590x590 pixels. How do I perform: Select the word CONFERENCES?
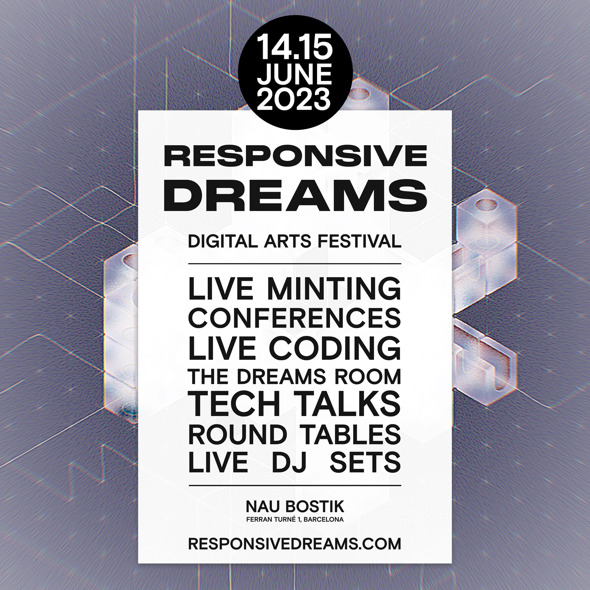295,318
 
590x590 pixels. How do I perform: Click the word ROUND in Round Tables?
238,434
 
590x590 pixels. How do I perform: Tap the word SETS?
365,462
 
